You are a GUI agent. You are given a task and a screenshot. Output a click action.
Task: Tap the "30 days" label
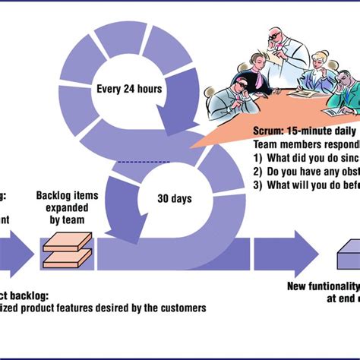point(175,199)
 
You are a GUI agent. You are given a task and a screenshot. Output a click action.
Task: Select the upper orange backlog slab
point(67,241)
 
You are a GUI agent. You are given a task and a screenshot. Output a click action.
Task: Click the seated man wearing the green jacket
point(341,95)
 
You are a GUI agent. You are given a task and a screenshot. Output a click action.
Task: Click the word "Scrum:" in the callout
point(270,131)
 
